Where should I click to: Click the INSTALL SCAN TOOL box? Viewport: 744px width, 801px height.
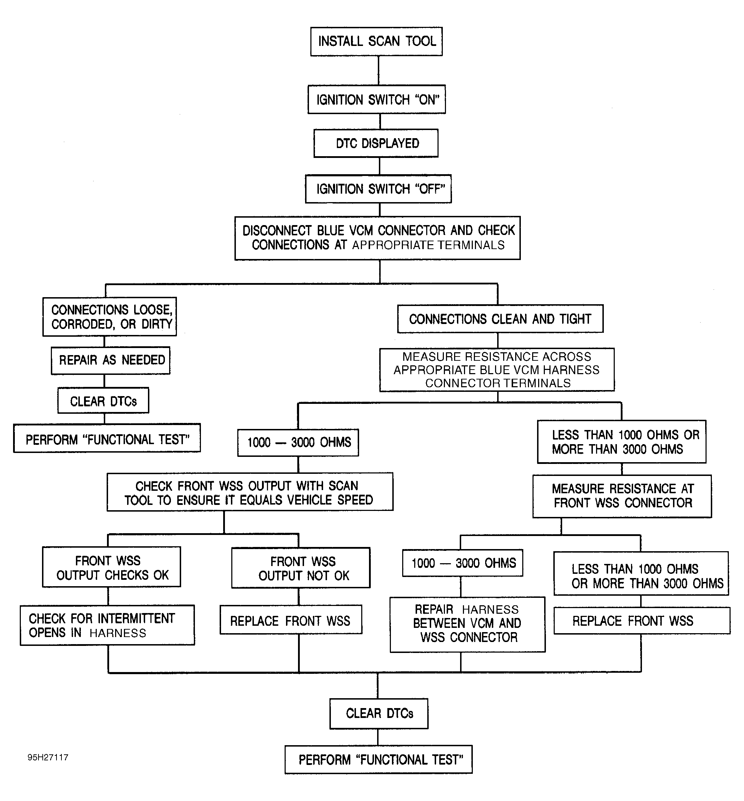click(376, 41)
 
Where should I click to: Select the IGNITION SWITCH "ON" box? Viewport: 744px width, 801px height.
click(377, 100)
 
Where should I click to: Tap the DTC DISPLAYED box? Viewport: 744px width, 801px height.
click(376, 143)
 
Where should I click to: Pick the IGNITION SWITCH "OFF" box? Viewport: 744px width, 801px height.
click(379, 189)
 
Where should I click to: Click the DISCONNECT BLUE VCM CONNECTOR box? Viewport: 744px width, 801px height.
click(377, 238)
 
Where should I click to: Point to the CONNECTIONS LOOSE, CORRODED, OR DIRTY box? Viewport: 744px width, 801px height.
click(109, 317)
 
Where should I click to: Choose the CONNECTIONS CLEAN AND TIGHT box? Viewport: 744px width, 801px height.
click(500, 319)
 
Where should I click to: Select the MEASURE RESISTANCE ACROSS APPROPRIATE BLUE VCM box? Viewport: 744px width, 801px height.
click(497, 370)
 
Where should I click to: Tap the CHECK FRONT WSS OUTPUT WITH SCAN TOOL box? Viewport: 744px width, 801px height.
click(250, 492)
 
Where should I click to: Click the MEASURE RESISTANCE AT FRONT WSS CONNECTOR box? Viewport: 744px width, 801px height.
click(623, 496)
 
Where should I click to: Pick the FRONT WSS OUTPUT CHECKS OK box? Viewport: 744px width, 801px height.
click(112, 567)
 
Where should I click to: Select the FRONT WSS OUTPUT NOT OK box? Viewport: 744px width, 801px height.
click(301, 568)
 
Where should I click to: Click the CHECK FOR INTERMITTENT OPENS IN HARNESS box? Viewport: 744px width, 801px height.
click(107, 625)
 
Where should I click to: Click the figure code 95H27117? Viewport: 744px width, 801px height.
click(48, 758)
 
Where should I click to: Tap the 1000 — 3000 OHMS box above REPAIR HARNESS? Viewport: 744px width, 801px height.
click(463, 563)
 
